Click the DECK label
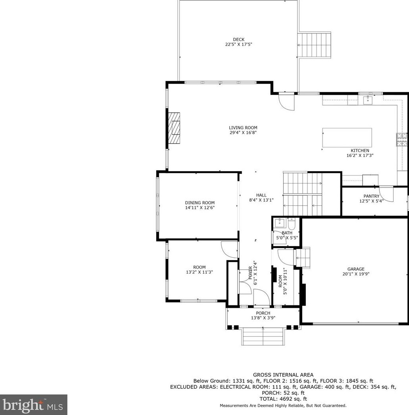[238, 39]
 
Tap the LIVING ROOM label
[243, 128]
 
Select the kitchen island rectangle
[347, 138]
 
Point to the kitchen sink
[368, 100]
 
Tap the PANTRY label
[371, 196]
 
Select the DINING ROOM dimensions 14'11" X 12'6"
[200, 208]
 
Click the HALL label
[261, 195]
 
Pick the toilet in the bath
[291, 225]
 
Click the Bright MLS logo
[34, 405]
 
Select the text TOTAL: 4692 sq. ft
[283, 399]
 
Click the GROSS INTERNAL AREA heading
[283, 374]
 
